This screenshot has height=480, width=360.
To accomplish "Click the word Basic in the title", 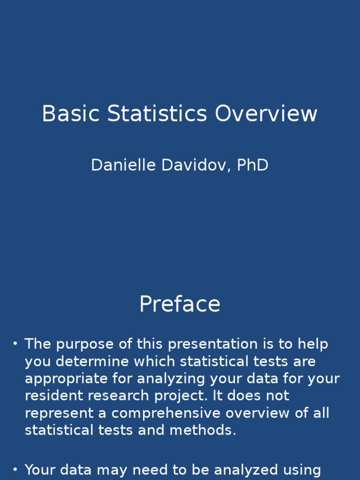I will [71, 114].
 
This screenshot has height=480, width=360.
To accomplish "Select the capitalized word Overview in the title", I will [266, 114].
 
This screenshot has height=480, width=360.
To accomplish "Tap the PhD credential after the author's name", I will [253, 165].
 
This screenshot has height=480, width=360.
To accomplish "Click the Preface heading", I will [180, 305].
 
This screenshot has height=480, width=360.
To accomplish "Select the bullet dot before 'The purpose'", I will [15, 344].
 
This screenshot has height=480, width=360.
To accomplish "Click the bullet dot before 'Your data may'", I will [15, 469].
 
